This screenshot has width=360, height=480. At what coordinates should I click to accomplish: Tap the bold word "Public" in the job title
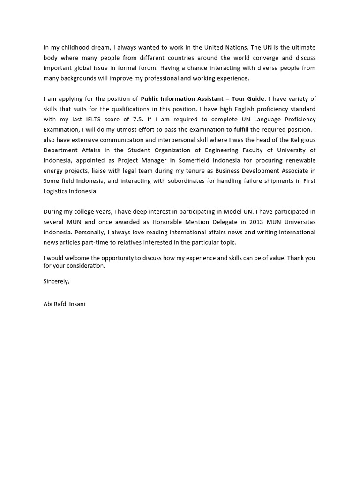[150, 99]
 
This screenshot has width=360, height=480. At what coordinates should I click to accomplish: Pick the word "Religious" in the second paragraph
[302, 140]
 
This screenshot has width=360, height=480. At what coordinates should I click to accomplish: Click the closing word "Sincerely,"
[56, 281]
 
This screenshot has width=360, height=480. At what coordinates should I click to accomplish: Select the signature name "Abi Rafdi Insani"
[64, 304]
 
